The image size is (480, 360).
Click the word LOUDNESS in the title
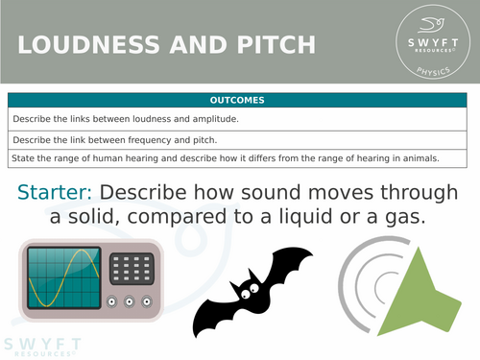pos(78,45)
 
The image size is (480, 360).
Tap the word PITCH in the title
pos(274,45)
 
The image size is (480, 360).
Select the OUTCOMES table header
pos(239,100)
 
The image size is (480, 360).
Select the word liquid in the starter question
pos(320,219)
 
